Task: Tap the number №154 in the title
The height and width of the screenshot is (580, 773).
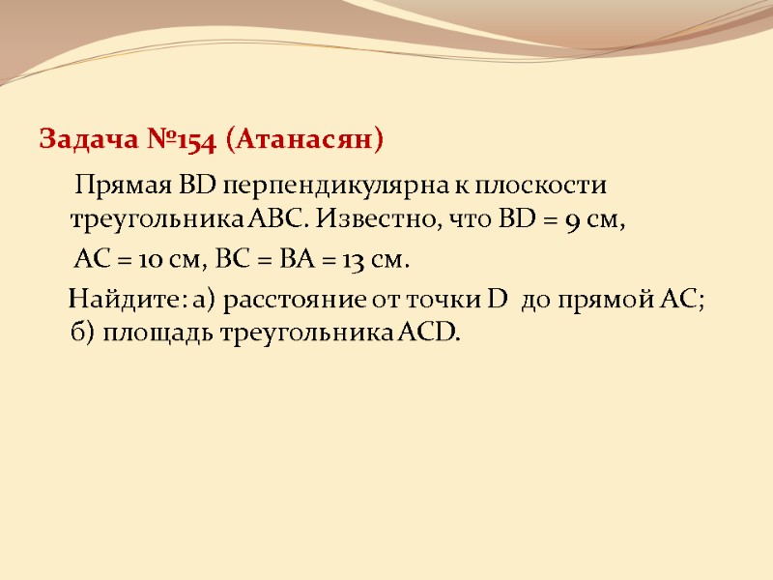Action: click(171, 141)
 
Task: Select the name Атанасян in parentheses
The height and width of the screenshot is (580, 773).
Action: click(303, 141)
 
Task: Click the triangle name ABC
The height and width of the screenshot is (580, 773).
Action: click(280, 221)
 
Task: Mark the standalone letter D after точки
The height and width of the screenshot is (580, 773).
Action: click(498, 299)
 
